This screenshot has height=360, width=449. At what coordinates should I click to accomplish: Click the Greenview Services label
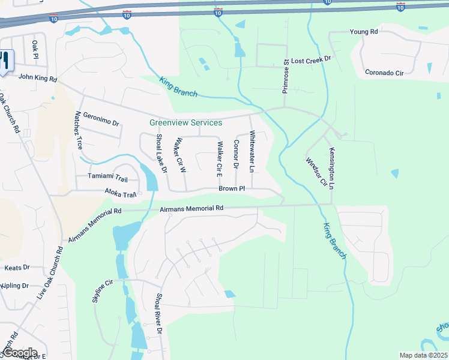coord(185,123)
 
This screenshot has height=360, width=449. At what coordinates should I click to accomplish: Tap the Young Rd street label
coord(364,31)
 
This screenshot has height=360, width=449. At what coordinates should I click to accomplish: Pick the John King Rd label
coord(37,77)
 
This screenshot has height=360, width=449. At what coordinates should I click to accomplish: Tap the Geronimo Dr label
coord(101,118)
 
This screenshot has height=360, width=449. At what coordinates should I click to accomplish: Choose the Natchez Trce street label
coord(79,130)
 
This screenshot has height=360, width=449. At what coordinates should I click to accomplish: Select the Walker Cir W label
coord(179,155)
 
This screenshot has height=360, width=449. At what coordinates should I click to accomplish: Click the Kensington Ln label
coord(331,169)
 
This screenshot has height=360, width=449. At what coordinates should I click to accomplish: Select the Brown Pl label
coord(232,188)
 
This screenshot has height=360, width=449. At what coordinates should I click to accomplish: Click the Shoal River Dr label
coord(159,313)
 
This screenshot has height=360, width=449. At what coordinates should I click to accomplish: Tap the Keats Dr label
coord(17,268)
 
